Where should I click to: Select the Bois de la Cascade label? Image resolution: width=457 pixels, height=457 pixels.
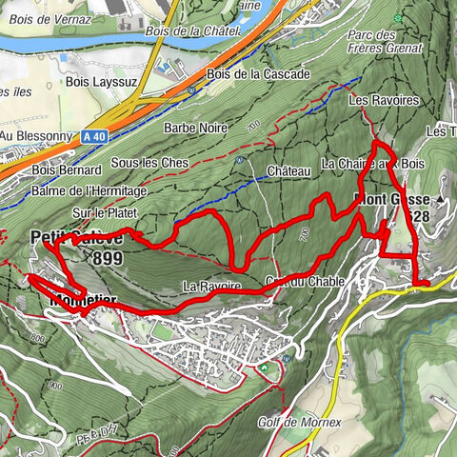(x=244, y=74)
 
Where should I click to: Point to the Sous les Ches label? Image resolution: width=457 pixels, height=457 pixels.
(x=149, y=164)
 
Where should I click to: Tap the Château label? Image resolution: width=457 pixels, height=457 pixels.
(x=289, y=170)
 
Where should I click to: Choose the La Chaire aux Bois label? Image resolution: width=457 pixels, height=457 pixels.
(x=373, y=164)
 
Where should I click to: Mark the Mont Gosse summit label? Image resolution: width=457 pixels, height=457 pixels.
(x=398, y=200)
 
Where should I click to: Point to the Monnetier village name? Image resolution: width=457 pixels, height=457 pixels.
(x=83, y=301)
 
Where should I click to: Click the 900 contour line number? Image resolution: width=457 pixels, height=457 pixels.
(x=53, y=386)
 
